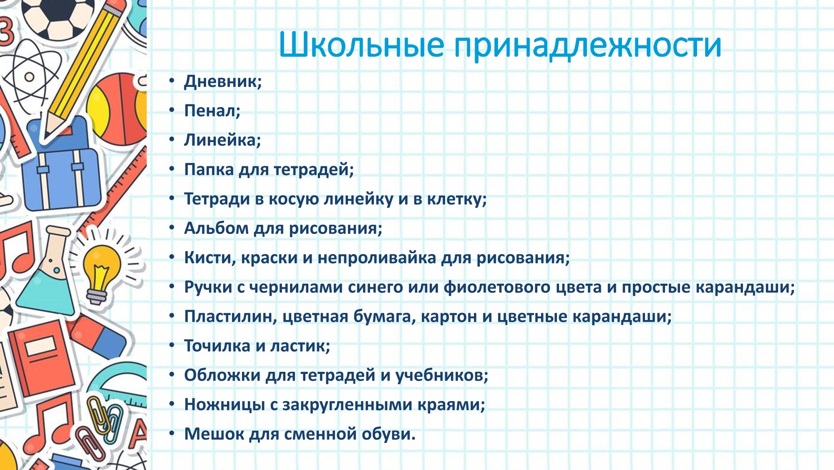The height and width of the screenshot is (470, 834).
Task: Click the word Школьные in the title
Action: click(361, 44)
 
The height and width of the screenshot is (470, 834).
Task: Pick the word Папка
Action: click(209, 170)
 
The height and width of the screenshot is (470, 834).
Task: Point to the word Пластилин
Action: click(229, 316)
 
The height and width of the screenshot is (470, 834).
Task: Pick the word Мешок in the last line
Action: click(214, 434)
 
